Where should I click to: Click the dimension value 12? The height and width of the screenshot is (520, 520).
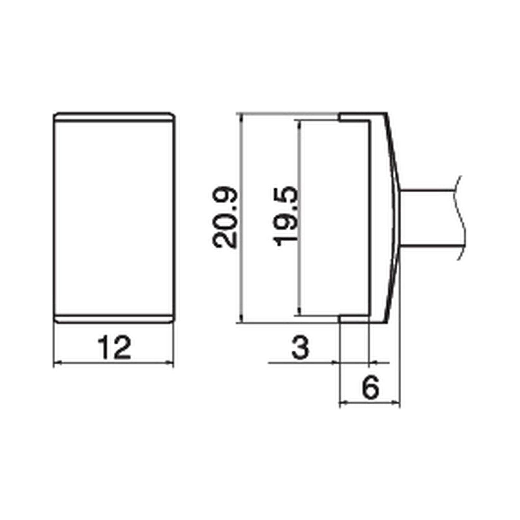(114, 348)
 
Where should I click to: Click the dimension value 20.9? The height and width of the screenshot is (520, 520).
(224, 218)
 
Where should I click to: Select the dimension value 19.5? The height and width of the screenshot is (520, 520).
(285, 216)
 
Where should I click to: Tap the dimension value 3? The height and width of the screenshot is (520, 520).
(300, 348)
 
